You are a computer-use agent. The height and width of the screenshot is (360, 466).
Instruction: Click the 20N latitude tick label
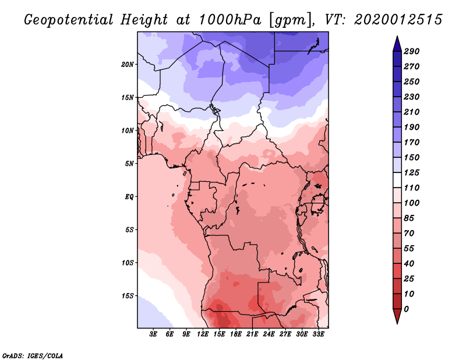tap(128, 64)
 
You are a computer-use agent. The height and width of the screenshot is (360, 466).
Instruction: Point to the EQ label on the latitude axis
tap(129, 197)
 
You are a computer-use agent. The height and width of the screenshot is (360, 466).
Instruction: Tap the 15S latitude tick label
tap(128, 296)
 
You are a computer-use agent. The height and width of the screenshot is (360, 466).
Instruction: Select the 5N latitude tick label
tap(129, 164)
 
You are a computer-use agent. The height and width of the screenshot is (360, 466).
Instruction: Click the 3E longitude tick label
tap(154, 335)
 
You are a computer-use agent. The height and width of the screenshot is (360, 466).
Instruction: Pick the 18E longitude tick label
tap(236, 335)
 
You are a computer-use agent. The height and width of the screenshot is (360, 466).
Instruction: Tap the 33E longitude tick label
tap(318, 335)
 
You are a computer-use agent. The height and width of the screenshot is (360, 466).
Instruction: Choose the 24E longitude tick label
tap(269, 335)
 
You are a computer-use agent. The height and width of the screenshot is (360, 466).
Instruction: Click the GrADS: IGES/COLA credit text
tap(32, 355)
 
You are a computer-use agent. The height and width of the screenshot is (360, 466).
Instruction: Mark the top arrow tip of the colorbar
tap(397, 37)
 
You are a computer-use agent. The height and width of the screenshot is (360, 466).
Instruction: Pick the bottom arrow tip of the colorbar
tap(397, 323)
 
